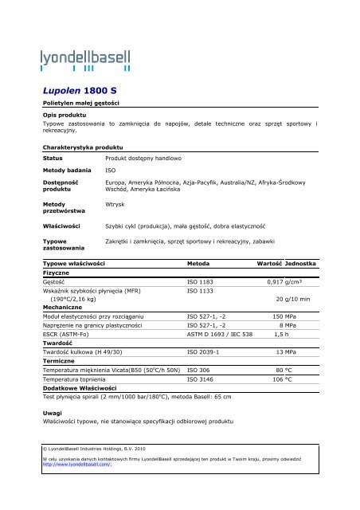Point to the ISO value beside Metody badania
(x=111, y=171)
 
